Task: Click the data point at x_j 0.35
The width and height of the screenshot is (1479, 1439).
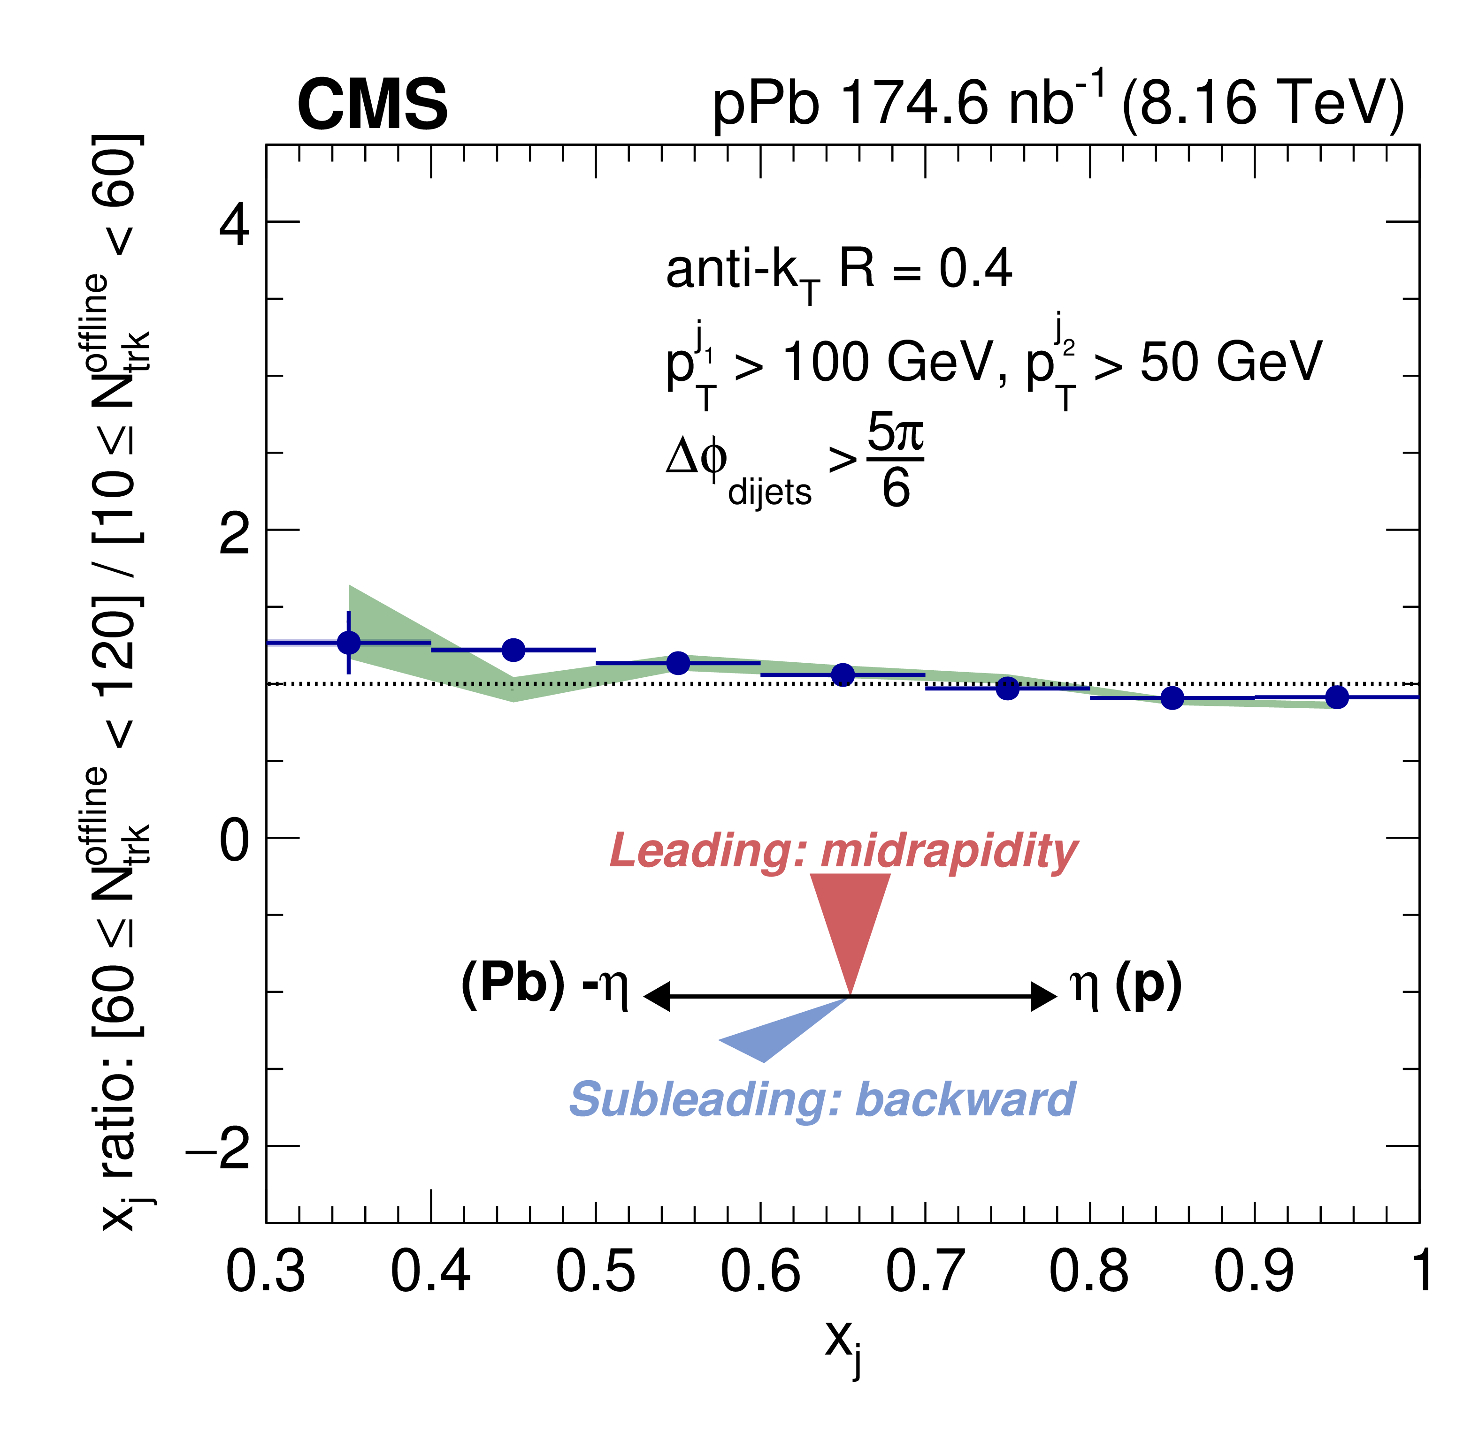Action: pyautogui.click(x=349, y=643)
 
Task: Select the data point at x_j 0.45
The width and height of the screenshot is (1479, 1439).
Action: pyautogui.click(x=513, y=649)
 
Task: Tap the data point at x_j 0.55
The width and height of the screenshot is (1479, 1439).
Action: pyautogui.click(x=678, y=663)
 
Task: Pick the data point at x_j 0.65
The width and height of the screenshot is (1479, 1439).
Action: pyautogui.click(x=843, y=674)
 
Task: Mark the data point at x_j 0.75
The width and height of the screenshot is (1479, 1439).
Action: pyautogui.click(x=1007, y=688)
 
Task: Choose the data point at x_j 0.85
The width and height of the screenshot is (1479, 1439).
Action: pyautogui.click(x=1172, y=697)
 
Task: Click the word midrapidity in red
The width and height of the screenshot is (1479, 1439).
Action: pyautogui.click(x=949, y=852)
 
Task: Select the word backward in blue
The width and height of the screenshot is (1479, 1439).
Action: pyautogui.click(x=966, y=1100)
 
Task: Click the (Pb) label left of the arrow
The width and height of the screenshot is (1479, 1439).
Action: pyautogui.click(x=513, y=984)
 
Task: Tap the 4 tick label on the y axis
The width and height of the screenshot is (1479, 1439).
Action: pyautogui.click(x=234, y=225)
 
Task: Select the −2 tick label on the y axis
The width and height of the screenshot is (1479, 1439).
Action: pyautogui.click(x=218, y=1149)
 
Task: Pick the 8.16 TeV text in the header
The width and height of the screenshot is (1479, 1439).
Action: pyautogui.click(x=1263, y=104)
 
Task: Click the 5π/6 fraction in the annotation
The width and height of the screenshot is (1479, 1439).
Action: pyautogui.click(x=895, y=460)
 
